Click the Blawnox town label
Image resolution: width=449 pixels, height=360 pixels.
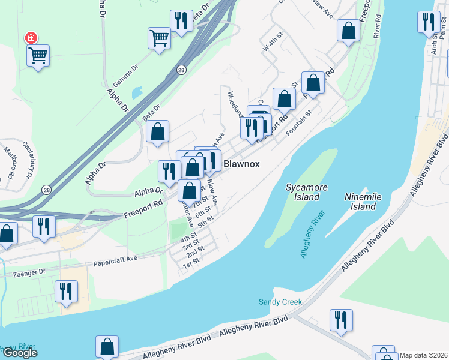[x=241, y=163]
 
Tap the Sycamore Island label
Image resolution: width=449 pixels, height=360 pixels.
[x=306, y=192]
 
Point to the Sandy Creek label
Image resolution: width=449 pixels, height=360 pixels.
[x=280, y=302]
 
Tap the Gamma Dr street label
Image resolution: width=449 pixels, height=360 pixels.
[x=125, y=75]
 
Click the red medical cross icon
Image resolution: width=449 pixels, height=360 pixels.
[x=31, y=38]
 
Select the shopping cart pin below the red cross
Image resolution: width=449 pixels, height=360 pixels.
[x=38, y=56]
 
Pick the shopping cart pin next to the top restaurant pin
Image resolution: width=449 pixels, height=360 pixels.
[x=159, y=38]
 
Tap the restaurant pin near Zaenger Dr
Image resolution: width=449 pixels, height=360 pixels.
[x=66, y=292]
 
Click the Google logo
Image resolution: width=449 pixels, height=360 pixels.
[x=19, y=353]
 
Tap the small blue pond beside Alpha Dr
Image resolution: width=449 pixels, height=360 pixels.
[x=136, y=93]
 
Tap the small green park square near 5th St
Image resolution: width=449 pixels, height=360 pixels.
[x=178, y=229]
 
